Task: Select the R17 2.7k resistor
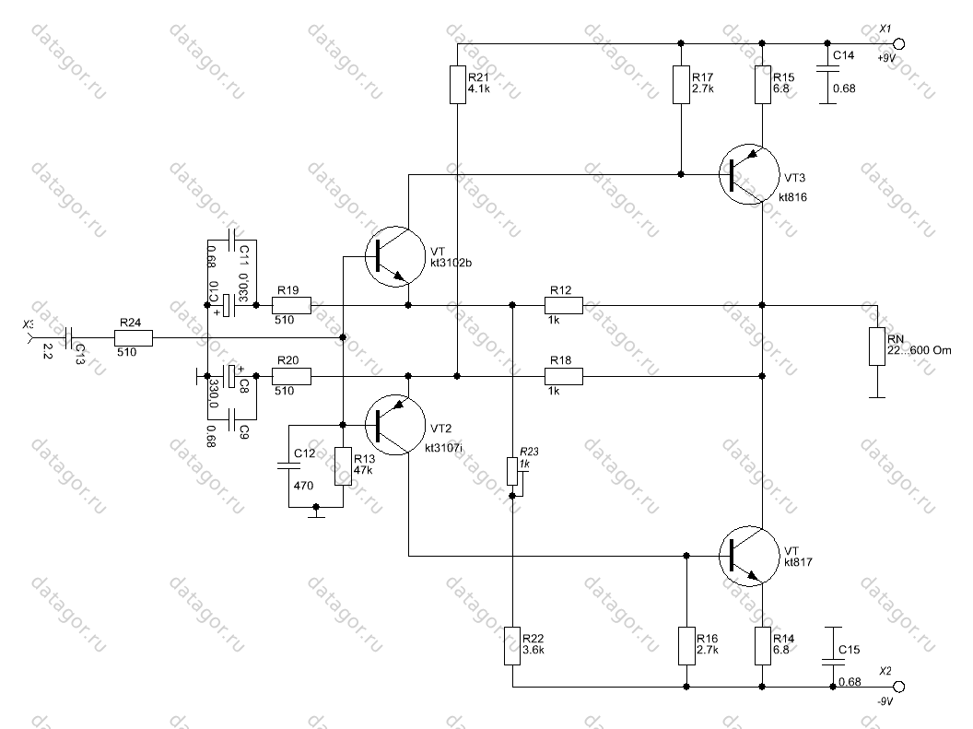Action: coord(681,85)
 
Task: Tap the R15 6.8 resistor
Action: coord(763,85)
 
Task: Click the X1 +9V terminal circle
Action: coord(899,43)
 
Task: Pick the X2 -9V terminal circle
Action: coord(899,687)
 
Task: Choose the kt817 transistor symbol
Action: coord(749,555)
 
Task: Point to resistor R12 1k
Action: coord(563,305)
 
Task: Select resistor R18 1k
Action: coord(563,376)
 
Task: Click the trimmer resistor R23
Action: coord(512,471)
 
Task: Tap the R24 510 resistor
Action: coord(133,338)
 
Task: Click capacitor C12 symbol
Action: coord(289,467)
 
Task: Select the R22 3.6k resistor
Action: coord(512,646)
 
